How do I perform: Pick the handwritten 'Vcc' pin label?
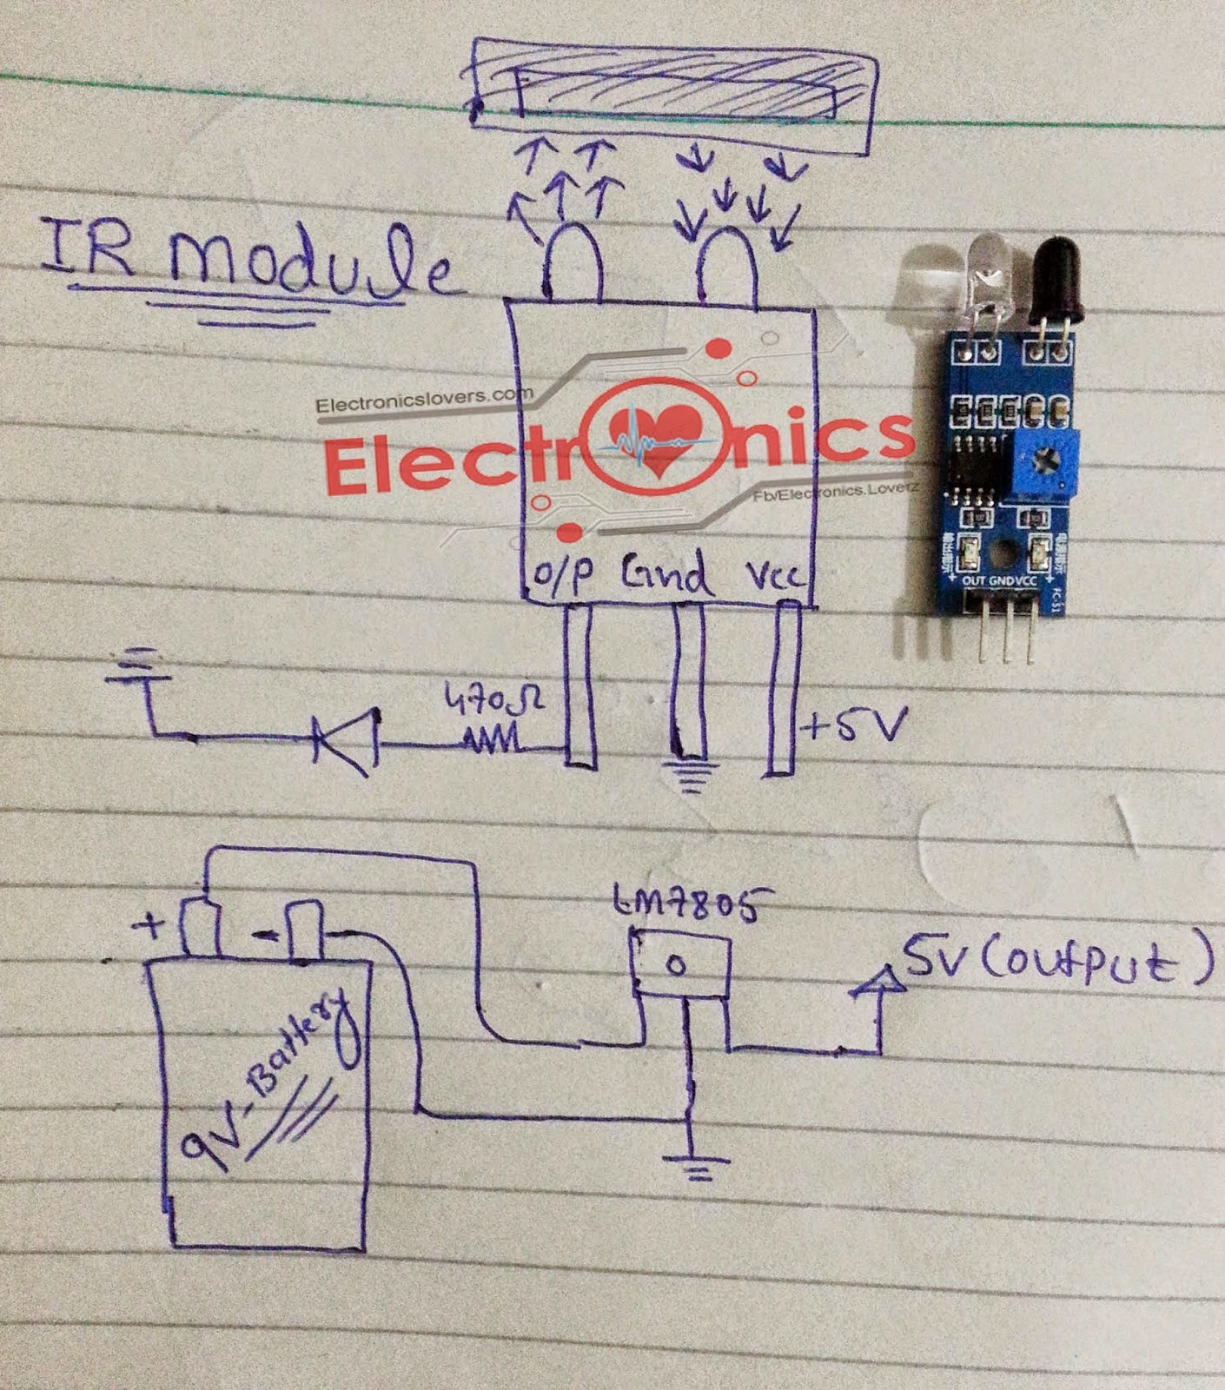776,576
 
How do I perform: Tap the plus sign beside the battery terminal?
150,927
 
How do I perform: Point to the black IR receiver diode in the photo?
1054,278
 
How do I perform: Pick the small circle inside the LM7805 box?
679,966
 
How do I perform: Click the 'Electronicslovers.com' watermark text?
424,402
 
